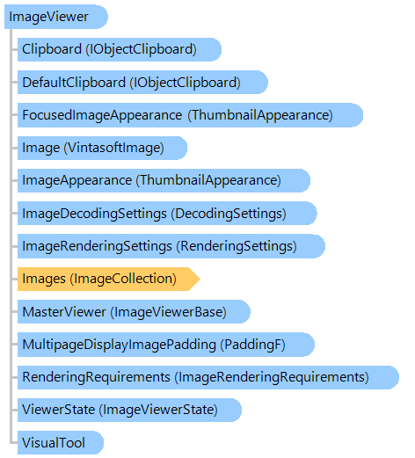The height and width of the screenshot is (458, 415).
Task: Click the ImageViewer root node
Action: click(x=56, y=17)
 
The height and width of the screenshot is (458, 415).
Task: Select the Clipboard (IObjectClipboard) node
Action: click(x=120, y=49)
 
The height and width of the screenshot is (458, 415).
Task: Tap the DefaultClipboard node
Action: click(x=142, y=82)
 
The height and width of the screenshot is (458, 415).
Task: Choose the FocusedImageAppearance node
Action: click(x=190, y=115)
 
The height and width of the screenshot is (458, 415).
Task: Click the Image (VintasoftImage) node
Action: click(x=102, y=148)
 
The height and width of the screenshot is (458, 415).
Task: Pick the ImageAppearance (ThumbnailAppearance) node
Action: click(x=164, y=180)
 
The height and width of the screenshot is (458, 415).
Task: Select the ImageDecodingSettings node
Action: click(x=167, y=214)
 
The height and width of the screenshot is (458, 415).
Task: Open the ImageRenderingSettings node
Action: click(x=171, y=246)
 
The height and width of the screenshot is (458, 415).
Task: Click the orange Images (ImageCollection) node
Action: click(x=109, y=279)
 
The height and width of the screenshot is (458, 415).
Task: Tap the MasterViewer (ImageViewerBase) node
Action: click(x=134, y=312)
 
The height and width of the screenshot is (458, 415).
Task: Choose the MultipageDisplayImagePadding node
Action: click(x=166, y=345)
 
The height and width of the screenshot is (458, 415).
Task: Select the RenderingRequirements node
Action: click(x=208, y=377)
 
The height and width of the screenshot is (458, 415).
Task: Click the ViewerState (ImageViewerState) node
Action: click(x=129, y=410)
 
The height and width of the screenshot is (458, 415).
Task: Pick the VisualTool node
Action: click(x=61, y=443)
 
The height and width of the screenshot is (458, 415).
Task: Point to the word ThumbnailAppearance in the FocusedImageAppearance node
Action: click(x=260, y=115)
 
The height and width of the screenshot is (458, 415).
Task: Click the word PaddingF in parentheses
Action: click(x=253, y=345)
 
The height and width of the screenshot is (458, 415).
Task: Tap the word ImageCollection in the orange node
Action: click(x=123, y=279)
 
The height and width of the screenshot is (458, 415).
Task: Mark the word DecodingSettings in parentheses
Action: click(x=229, y=214)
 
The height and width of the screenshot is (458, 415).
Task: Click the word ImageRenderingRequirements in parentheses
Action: click(x=272, y=377)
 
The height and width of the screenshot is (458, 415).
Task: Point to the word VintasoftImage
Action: click(x=114, y=148)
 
